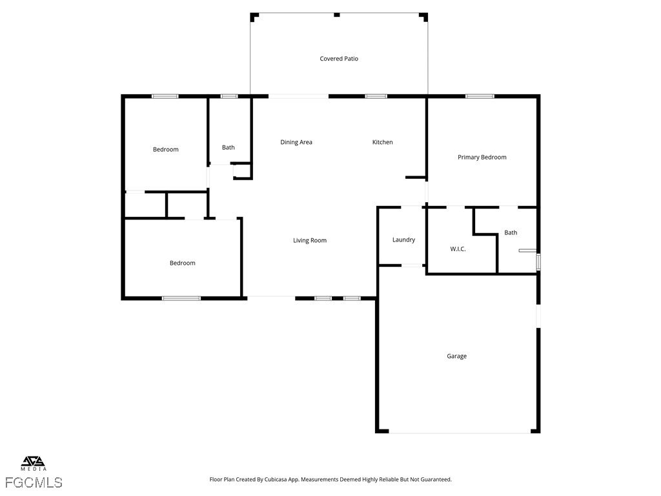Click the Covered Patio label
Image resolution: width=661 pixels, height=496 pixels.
339,59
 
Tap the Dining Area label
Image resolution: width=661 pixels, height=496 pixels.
296,142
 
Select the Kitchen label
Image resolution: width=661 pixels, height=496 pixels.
382,142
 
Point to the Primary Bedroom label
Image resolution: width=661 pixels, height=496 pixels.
482,158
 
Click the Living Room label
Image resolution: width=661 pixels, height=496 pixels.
310,240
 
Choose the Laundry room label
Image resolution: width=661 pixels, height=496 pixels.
403,240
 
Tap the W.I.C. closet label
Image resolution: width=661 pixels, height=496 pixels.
458,249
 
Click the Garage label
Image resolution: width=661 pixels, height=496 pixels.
456,356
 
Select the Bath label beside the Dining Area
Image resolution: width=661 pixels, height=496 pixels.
228,147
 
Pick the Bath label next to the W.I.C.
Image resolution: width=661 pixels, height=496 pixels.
511,232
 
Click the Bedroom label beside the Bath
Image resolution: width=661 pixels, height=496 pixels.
166,149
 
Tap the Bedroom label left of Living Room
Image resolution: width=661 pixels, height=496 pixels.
183,263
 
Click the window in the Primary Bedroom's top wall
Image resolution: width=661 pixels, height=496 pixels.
480,96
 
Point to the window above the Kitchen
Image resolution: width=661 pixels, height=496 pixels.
376,96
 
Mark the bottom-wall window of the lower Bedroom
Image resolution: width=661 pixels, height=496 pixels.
181,298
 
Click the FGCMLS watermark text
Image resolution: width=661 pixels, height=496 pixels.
34,482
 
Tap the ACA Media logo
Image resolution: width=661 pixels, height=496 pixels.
34,463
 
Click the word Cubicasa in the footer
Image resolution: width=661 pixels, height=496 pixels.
278,480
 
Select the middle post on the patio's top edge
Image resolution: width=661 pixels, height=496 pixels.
337,15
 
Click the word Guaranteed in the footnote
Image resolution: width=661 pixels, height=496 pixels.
434,480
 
